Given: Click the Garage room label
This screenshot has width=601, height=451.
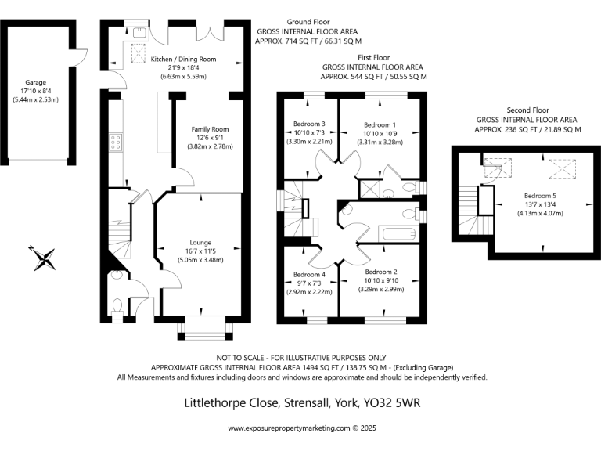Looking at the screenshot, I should tap(36, 81).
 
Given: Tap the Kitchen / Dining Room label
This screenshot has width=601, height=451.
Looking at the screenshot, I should tap(183, 59).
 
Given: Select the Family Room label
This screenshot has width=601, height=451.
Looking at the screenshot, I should tap(210, 128).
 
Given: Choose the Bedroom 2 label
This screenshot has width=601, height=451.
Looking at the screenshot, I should tap(382, 272).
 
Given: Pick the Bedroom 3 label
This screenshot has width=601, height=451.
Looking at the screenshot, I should tap(309, 124).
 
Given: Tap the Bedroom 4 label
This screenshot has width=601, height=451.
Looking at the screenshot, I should tap(309, 275).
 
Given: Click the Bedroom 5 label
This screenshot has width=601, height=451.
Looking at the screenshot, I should tap(540, 195).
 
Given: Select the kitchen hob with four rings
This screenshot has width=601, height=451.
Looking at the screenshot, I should tap(115, 142).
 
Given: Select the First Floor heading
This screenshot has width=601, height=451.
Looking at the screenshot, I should tap(374, 58).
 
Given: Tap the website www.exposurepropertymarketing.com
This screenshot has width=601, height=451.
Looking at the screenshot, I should tap(289, 428).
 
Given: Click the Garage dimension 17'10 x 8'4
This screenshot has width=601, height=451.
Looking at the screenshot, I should tap(36, 90).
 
